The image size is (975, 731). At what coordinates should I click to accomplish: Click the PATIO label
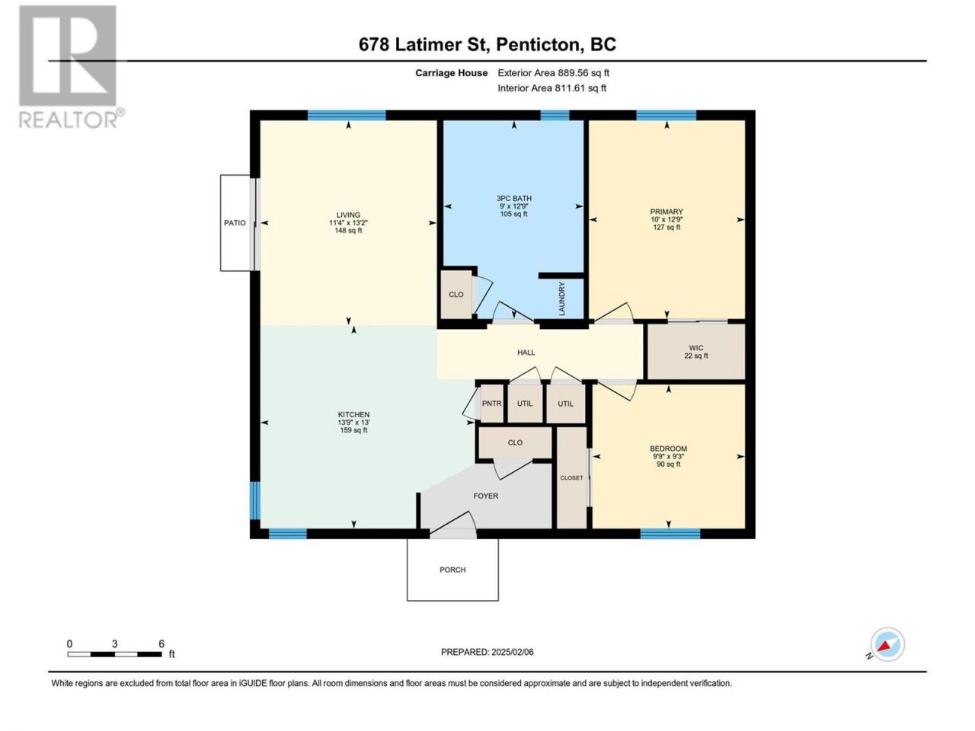tap(235, 223)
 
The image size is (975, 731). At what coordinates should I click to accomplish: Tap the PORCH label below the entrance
tap(452, 570)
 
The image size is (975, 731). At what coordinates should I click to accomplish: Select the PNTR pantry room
tap(492, 404)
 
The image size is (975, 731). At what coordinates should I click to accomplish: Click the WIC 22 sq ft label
tap(696, 352)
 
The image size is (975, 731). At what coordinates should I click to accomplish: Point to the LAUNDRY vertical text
tap(562, 298)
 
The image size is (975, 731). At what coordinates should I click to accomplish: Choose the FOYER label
tap(485, 496)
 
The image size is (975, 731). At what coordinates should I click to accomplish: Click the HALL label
tap(526, 353)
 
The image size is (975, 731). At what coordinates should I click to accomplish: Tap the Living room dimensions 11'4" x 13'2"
tap(348, 223)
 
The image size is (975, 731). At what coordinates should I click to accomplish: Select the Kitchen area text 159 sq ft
tap(353, 430)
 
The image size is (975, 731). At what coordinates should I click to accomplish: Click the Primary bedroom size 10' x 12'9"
tap(667, 219)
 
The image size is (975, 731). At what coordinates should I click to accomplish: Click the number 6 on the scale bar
tap(161, 644)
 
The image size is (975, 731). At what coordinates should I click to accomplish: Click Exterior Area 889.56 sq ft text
tap(554, 73)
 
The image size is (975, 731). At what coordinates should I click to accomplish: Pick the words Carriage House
tap(451, 73)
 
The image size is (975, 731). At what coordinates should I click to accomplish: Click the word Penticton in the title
tap(540, 44)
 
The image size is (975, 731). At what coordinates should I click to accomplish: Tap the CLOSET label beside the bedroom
tap(572, 478)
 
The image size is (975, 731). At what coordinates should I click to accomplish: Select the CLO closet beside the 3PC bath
tap(456, 295)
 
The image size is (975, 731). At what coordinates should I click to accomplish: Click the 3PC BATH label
tap(514, 199)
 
